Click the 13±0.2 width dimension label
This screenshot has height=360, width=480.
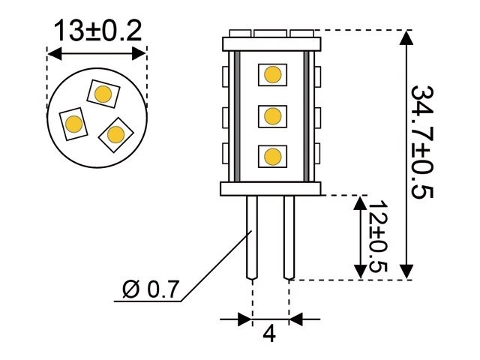pyautogui.click(x=97, y=31)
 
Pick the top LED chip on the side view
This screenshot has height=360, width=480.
pyautogui.click(x=271, y=74)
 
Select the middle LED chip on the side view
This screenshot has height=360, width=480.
pyautogui.click(x=271, y=115)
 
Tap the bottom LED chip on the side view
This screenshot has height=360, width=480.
pyautogui.click(x=271, y=156)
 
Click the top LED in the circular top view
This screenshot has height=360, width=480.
pyautogui.click(x=103, y=93)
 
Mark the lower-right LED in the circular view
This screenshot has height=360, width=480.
pyautogui.click(x=115, y=134)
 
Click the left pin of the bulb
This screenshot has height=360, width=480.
pyautogui.click(x=252, y=236)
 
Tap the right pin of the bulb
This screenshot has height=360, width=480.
pyautogui.click(x=289, y=236)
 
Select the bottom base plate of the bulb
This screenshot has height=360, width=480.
pyautogui.click(x=271, y=189)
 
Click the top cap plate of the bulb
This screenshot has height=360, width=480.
pyautogui.click(x=271, y=43)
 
